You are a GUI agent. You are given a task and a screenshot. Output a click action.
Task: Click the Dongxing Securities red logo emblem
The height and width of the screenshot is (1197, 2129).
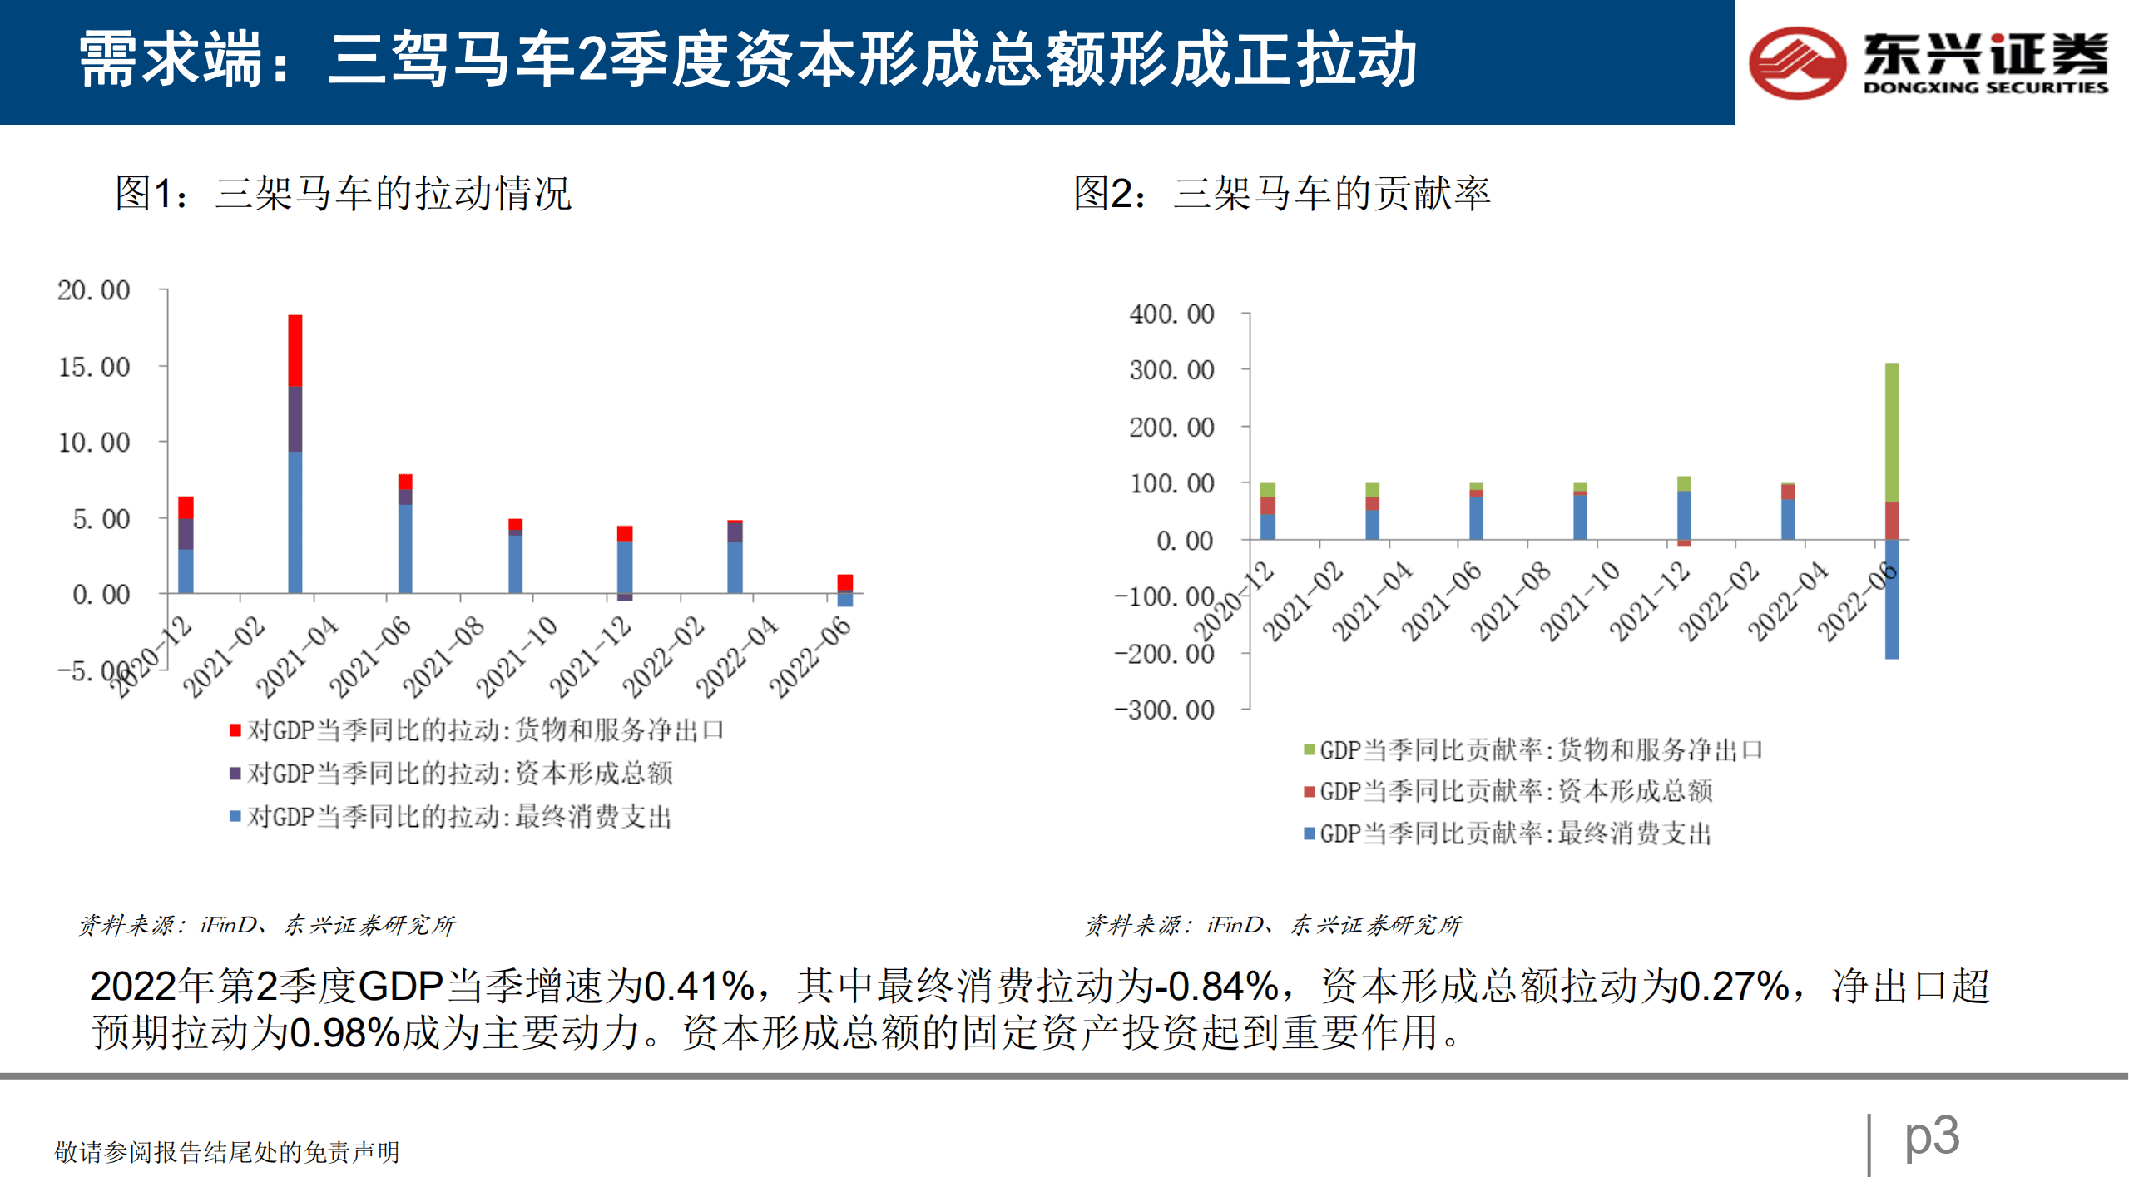[1797, 63]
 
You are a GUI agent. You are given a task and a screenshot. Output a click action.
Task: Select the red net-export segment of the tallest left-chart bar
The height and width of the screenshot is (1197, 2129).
[295, 350]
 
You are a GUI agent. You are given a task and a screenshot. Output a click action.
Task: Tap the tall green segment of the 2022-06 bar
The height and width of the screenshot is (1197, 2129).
[1891, 432]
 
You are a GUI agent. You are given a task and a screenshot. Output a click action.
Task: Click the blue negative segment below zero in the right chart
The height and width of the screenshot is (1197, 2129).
[1891, 599]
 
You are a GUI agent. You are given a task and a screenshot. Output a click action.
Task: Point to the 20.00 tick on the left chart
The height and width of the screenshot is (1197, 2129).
[93, 290]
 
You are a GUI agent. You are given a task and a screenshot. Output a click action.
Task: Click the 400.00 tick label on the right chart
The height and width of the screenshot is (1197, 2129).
[1171, 314]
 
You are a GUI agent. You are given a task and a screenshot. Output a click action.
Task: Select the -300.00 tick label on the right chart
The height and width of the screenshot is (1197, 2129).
[1165, 710]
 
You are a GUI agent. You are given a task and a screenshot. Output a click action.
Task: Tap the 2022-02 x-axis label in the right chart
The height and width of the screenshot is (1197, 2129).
[1718, 601]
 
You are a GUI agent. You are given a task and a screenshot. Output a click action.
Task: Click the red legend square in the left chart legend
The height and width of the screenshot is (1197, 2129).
[235, 730]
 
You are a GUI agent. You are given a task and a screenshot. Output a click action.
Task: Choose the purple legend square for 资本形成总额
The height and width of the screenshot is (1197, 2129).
[235, 774]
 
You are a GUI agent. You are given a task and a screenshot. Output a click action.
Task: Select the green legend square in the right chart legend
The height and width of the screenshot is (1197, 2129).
[1309, 750]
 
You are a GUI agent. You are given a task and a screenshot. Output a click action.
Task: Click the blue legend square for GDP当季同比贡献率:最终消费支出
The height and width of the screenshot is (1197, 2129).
[1309, 833]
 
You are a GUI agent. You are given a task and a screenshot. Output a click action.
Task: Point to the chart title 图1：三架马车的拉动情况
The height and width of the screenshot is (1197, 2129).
[343, 194]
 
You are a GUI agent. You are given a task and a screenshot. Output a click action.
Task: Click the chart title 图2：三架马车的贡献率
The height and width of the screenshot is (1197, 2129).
[1281, 194]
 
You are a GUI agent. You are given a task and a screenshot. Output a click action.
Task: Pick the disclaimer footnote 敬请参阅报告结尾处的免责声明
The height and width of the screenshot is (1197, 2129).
[226, 1152]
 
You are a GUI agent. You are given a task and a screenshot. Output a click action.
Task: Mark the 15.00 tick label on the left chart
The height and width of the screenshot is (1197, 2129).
[93, 367]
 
